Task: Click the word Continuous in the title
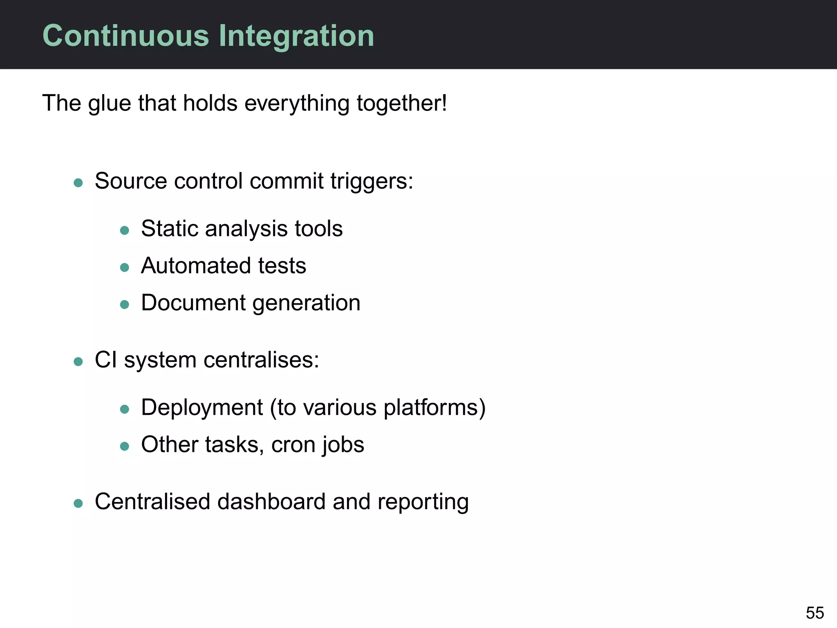(126, 36)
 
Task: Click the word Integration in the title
(296, 36)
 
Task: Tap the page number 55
(815, 613)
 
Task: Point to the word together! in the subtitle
(402, 103)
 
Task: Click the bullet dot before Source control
(78, 182)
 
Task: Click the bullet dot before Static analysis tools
(125, 231)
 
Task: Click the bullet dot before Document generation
(125, 305)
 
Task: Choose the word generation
(306, 303)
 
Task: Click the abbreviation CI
(106, 360)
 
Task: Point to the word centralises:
(261, 360)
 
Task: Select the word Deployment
(202, 408)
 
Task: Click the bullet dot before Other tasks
(125, 446)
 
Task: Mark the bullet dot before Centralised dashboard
(78, 503)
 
